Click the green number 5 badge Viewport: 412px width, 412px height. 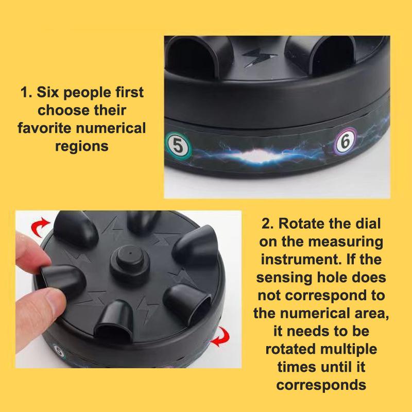(178, 145)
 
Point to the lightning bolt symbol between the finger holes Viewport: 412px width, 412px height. (259, 57)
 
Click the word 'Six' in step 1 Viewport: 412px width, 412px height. (47, 92)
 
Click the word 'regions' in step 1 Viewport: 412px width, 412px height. (82, 146)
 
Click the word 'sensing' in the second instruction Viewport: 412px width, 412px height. (284, 278)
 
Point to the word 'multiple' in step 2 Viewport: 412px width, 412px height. (349, 349)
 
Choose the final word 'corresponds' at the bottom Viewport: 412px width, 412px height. (321, 385)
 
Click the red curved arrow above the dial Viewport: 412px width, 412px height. (40, 226)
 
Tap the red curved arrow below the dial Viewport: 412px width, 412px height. (220, 337)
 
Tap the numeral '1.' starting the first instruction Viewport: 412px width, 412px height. (26, 93)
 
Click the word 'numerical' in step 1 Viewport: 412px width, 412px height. (111, 128)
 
